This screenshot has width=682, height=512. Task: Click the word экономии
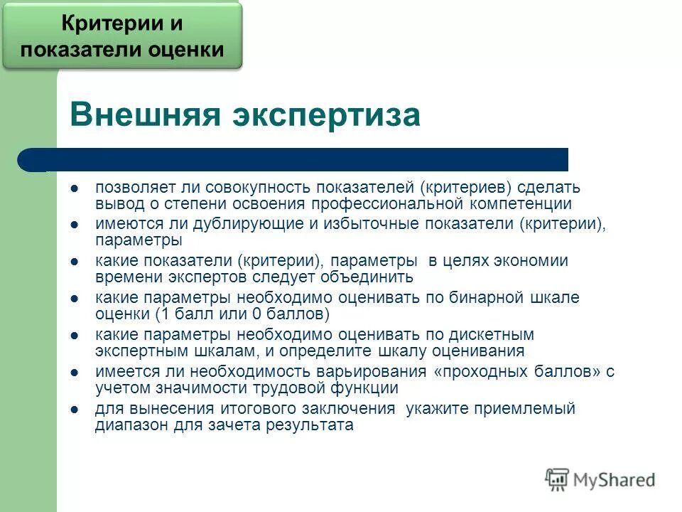click(x=527, y=261)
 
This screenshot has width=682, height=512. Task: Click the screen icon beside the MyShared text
click(x=558, y=479)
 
